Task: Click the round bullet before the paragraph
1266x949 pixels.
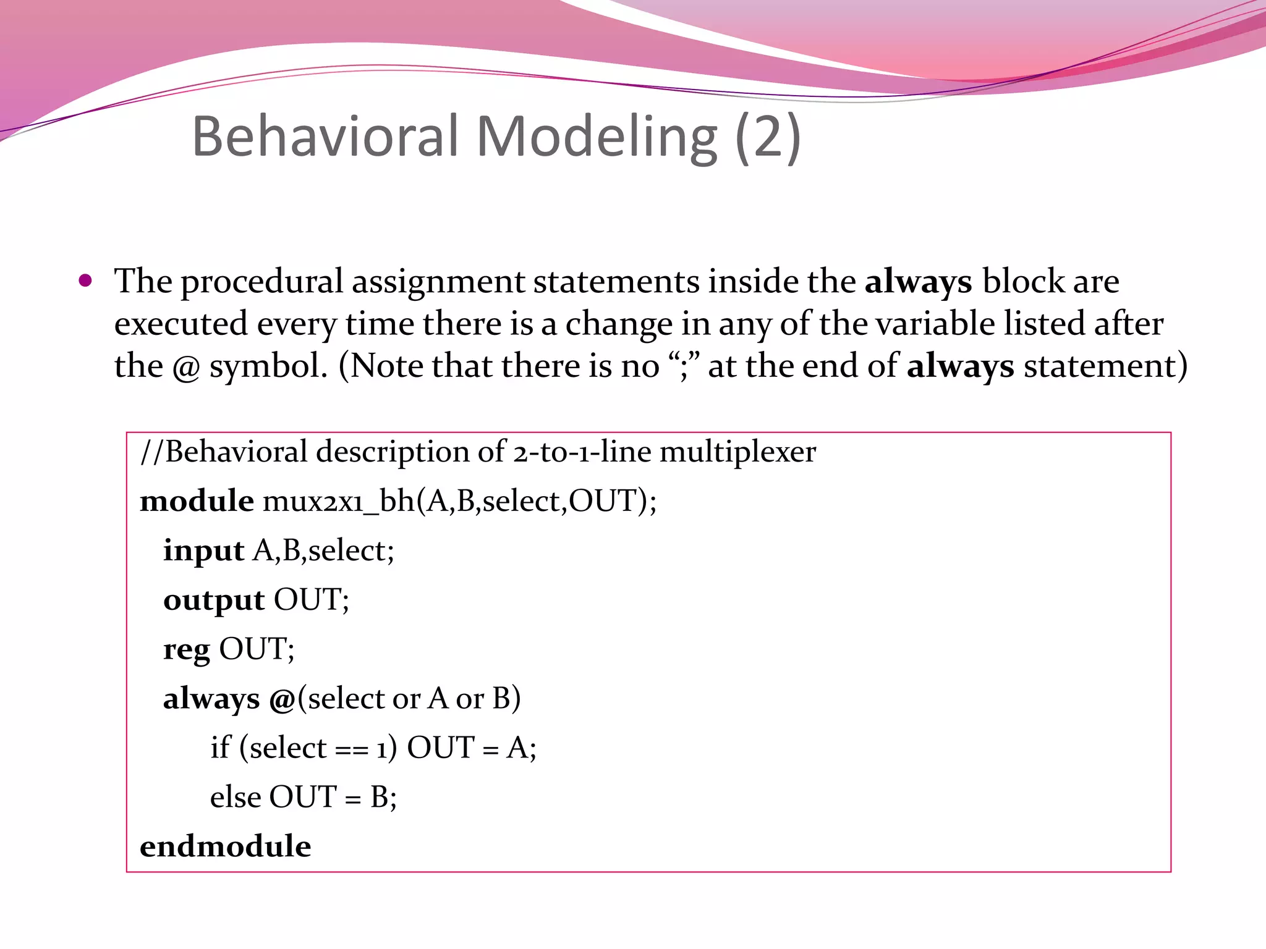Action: (85, 282)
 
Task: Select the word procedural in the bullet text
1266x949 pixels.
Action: (261, 282)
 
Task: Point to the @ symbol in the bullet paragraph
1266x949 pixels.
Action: (186, 367)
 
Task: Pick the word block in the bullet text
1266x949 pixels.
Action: (1022, 282)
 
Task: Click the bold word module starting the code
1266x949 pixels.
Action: (197, 500)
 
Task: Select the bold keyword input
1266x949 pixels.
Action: (203, 550)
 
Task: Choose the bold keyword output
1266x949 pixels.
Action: (214, 600)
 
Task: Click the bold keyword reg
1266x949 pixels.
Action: (186, 649)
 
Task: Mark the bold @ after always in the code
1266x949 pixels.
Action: (282, 699)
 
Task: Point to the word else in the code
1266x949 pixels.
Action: (236, 797)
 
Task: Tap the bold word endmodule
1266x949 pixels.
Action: (226, 846)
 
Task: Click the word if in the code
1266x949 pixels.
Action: (220, 748)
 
